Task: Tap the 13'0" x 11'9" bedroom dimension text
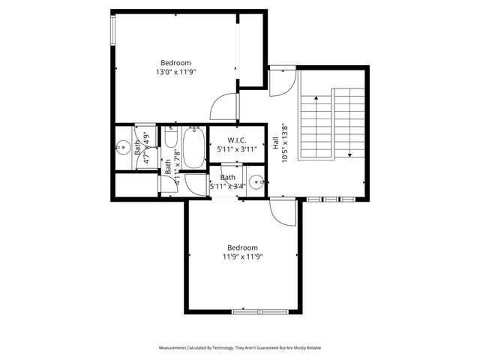tap(175, 73)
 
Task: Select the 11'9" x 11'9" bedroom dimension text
tap(242, 257)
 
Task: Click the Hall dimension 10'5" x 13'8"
tap(284, 142)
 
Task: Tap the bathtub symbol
tap(193, 148)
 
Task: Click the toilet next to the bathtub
tap(171, 140)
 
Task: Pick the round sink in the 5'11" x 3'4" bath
tap(257, 182)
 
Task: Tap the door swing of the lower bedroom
tap(283, 215)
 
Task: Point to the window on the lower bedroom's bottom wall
tap(256, 310)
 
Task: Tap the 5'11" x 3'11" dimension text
tap(237, 149)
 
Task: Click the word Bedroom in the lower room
tap(242, 247)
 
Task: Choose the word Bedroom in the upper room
tap(175, 63)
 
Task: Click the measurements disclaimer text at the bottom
tap(240, 348)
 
